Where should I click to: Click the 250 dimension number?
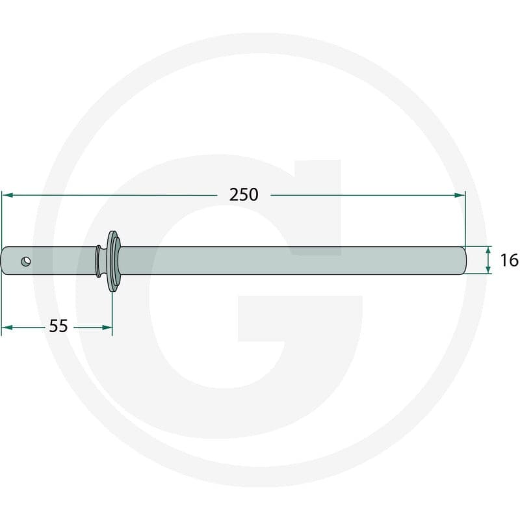[244, 194]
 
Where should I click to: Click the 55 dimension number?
[58, 326]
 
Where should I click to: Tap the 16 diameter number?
[509, 261]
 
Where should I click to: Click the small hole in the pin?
[26, 261]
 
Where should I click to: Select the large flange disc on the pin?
[113, 261]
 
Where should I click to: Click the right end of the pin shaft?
[464, 261]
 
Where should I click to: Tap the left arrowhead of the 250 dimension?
[7, 195]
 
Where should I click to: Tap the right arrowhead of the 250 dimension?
[460, 195]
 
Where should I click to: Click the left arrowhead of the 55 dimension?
[7, 328]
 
